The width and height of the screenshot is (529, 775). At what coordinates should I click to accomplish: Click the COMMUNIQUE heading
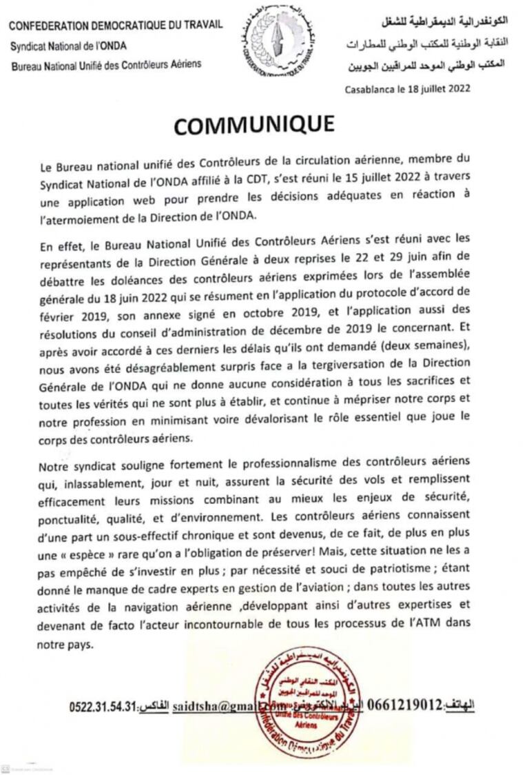(x=254, y=125)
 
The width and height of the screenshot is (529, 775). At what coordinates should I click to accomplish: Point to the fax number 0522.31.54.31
(x=103, y=707)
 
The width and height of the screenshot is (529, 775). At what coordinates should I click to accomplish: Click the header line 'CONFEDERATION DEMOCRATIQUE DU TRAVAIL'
(x=116, y=25)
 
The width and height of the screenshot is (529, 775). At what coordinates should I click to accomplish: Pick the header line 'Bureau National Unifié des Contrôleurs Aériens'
(x=107, y=65)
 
